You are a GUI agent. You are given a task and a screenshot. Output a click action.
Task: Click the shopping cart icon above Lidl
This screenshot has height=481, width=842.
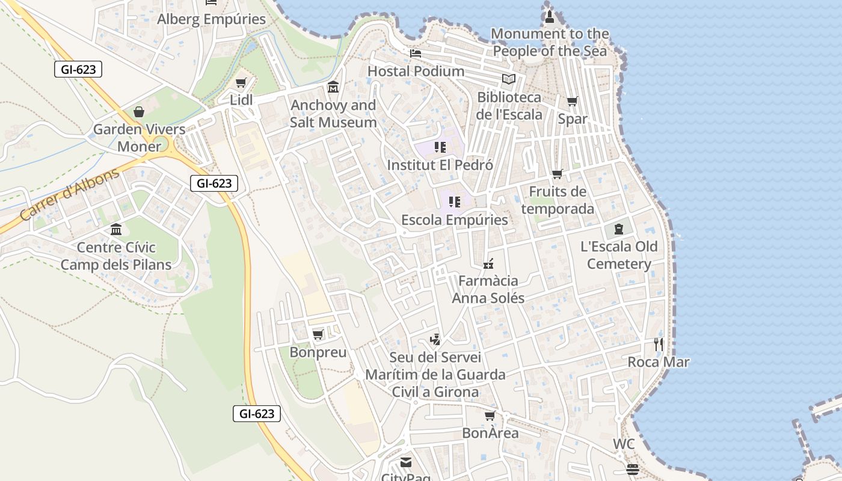pos(241,83)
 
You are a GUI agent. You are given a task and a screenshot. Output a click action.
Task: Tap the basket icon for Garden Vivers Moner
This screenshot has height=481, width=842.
pos(139,112)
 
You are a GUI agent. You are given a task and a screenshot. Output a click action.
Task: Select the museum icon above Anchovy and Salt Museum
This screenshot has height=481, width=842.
pos(333,88)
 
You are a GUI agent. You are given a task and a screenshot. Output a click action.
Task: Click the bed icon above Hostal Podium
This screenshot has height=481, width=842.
pos(415,54)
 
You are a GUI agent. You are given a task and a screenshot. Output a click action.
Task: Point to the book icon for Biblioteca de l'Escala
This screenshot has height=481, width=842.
pos(509,79)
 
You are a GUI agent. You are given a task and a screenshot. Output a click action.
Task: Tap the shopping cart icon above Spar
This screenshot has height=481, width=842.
pos(572,102)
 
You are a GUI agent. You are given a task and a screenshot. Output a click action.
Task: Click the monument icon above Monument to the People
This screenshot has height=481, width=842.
pos(549,16)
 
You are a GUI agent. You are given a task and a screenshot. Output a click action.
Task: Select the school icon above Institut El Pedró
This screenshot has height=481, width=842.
pos(440,147)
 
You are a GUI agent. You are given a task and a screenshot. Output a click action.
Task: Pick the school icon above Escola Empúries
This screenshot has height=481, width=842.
pos(455,202)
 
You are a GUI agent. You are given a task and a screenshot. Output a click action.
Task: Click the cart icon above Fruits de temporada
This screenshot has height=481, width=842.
pos(558,174)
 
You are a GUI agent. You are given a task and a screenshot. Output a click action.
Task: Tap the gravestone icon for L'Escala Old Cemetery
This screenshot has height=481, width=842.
pos(619,229)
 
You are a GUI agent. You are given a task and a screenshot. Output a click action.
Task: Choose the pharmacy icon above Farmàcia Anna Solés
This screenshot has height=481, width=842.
pos(488,263)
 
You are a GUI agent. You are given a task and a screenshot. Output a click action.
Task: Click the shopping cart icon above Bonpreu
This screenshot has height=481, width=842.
pos(318,334)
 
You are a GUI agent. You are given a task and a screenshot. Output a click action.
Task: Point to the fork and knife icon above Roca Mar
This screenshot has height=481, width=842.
pos(659,345)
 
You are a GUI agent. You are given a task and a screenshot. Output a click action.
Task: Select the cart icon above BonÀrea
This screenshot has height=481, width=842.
pos(490,415)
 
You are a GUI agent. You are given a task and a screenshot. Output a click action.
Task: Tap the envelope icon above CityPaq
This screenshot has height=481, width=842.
pos(406,462)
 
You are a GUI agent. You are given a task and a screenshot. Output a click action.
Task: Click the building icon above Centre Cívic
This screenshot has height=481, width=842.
pos(116,230)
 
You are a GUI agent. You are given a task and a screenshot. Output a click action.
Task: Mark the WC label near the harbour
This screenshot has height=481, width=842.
pos(624,444)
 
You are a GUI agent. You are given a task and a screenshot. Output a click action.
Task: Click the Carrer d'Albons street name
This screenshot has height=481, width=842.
pos(70,194)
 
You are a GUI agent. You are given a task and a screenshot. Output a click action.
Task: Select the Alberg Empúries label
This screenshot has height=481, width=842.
pos(211,19)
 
